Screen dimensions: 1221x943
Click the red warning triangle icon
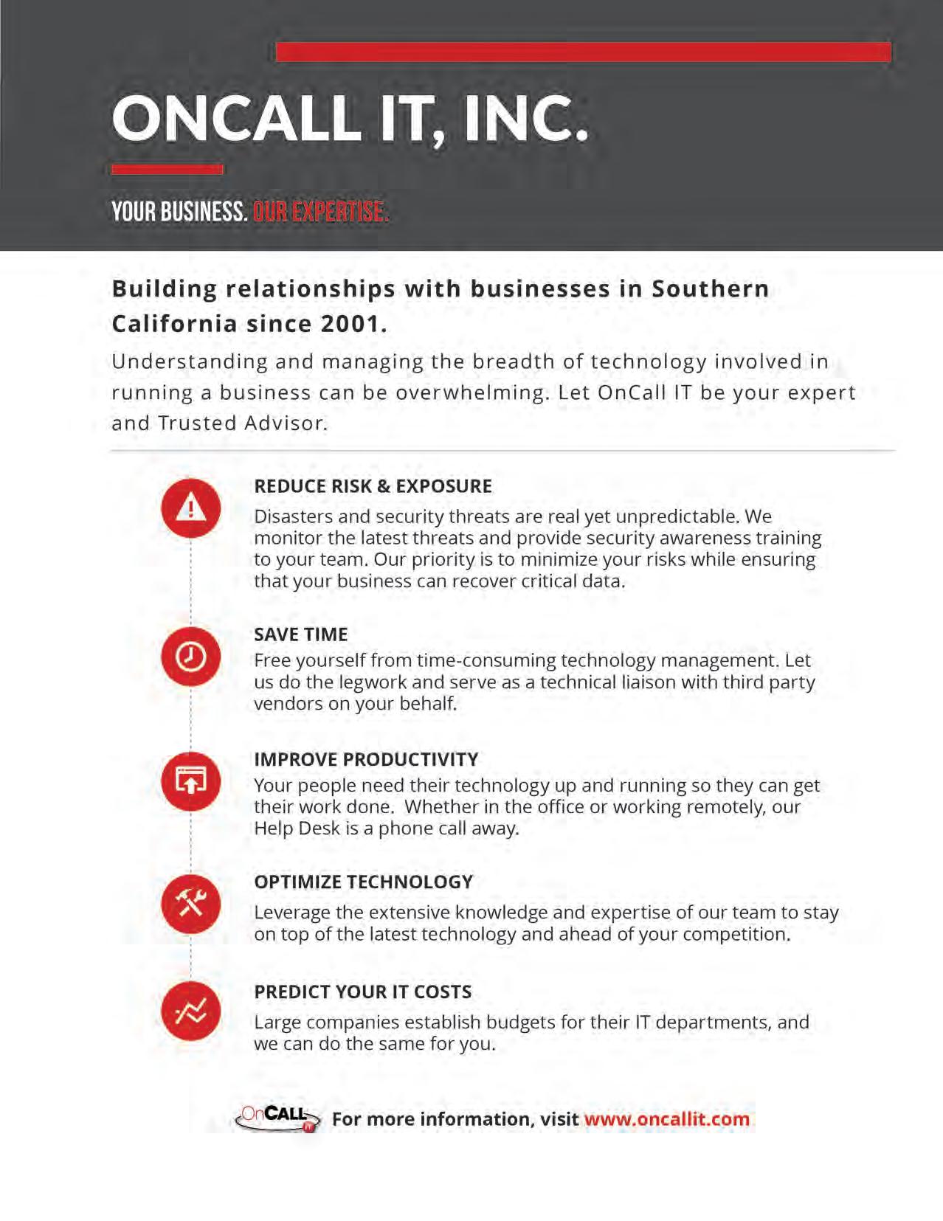(x=191, y=508)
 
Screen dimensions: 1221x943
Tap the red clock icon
(x=191, y=656)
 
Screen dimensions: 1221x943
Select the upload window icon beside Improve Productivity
(x=191, y=781)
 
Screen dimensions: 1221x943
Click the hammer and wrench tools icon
(x=191, y=903)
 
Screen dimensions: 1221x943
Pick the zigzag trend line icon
(x=191, y=1011)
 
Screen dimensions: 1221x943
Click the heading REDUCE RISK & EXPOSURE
(x=373, y=486)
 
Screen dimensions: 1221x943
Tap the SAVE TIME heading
(x=300, y=634)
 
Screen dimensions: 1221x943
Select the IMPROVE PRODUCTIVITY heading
(x=366, y=759)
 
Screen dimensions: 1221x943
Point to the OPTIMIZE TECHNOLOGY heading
(x=363, y=882)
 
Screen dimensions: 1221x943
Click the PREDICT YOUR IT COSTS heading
(x=362, y=992)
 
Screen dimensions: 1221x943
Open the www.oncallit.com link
(x=666, y=1118)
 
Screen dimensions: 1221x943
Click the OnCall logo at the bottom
(x=277, y=1118)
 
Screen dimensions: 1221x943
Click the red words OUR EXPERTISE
(x=319, y=212)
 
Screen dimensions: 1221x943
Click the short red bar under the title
(x=167, y=169)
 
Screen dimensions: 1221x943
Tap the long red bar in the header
(x=583, y=52)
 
